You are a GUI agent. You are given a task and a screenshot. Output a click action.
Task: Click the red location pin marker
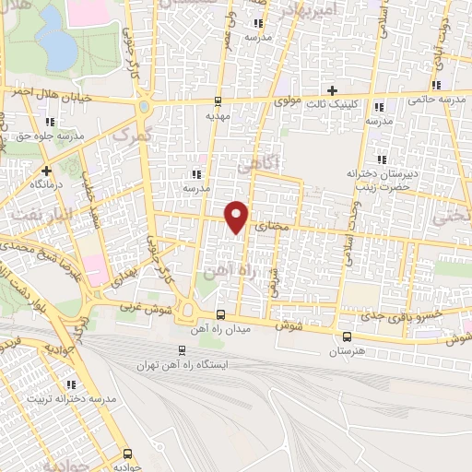238,216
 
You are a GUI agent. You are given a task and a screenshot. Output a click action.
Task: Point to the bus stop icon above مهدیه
218,102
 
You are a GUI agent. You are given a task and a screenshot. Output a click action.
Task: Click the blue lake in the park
54,44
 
